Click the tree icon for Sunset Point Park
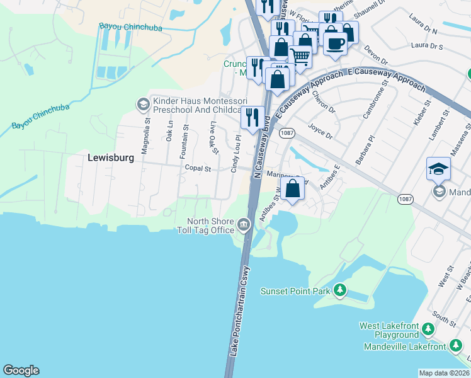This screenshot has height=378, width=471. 340,290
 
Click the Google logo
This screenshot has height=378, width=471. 21,370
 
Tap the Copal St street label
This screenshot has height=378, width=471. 198,168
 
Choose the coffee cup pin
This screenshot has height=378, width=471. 335,43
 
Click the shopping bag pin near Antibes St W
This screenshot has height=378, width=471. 293,188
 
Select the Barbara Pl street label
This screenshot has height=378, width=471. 365,149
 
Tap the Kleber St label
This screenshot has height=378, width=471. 421,112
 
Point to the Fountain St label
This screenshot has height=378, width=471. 186,136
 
